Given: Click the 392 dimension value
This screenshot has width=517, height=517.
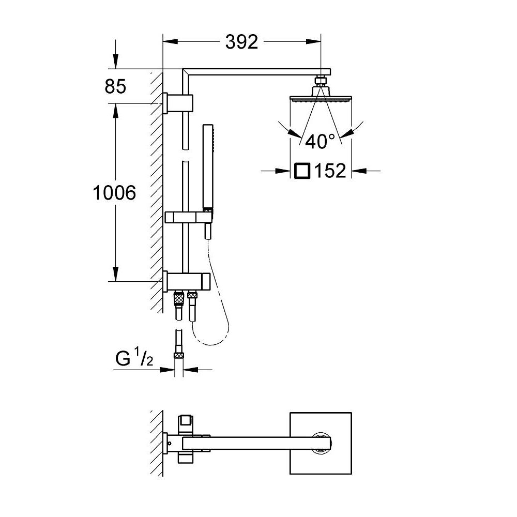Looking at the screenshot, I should click(x=241, y=42).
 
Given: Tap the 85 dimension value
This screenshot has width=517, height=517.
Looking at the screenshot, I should click(x=115, y=86).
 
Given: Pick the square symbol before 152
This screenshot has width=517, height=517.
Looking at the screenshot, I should click(x=301, y=170).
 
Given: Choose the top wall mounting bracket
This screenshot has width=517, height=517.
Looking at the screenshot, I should click(x=178, y=102).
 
